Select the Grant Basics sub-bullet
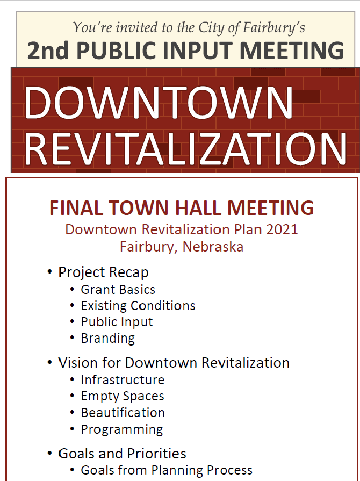tap(118, 290)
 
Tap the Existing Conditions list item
tap(138, 306)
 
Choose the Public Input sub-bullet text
tap(117, 322)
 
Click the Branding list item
tap(107, 339)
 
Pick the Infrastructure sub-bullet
tap(123, 380)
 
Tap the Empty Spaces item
tap(123, 397)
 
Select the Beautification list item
tap(123, 413)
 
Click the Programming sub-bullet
tap(121, 429)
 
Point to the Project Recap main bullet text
tap(103, 272)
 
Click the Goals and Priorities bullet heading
tap(122, 454)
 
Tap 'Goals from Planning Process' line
tap(167, 470)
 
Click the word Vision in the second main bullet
tap(75, 363)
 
